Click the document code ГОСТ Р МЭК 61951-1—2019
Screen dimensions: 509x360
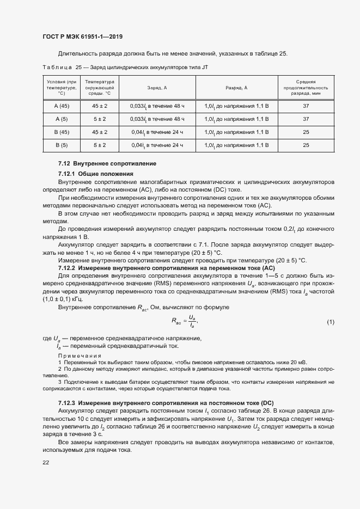[x=82, y=37]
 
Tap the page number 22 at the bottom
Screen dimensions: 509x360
[x=46, y=462]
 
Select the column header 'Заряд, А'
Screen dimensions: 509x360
[x=157, y=88]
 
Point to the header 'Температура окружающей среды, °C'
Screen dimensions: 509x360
[x=99, y=87]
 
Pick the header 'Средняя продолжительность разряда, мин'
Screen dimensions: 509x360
[x=306, y=87]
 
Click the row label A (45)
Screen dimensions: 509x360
[x=61, y=106]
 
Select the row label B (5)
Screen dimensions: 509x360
[x=61, y=145]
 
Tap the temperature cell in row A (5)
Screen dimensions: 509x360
[x=99, y=119]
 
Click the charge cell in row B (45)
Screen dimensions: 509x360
[x=157, y=132]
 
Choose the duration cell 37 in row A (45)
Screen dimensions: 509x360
[x=306, y=106]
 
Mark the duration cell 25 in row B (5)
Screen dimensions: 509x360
[x=306, y=145]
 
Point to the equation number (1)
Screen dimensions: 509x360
[x=330, y=322]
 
